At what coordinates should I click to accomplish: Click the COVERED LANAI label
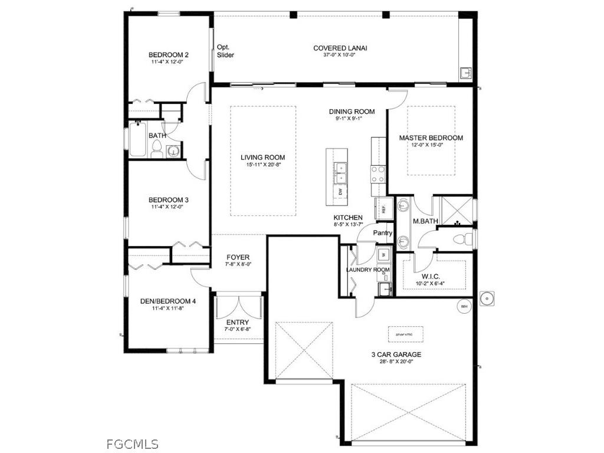(x=340, y=48)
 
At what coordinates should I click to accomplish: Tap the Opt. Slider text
(x=225, y=51)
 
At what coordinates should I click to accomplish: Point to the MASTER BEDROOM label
(x=431, y=138)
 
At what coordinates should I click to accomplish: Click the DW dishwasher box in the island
(x=341, y=192)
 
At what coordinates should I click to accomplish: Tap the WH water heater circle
(x=463, y=307)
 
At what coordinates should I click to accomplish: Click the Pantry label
(x=383, y=233)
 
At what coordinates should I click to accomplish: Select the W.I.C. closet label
(x=433, y=277)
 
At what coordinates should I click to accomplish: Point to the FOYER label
(x=238, y=258)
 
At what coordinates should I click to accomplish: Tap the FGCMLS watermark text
(x=133, y=444)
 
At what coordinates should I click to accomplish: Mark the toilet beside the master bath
(x=467, y=239)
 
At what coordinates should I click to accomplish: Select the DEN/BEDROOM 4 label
(x=168, y=301)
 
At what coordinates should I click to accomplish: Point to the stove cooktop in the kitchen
(x=377, y=173)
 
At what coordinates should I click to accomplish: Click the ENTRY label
(x=238, y=322)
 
